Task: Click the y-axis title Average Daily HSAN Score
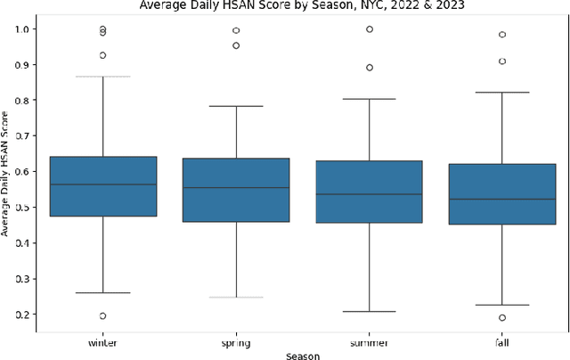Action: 8,173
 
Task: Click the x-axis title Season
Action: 303,355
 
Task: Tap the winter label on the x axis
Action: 102,341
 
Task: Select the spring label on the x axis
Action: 236,341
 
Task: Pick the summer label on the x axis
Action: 369,341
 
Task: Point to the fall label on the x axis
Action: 502,341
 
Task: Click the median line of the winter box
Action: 102,184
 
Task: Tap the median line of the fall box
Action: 502,199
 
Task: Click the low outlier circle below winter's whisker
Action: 102,315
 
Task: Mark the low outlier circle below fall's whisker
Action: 502,317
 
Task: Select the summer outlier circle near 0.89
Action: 369,68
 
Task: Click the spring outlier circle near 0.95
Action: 236,45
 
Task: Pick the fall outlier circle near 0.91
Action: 502,61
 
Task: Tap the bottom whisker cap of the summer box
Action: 369,311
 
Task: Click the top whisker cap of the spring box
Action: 236,106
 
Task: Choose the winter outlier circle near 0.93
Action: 102,55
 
